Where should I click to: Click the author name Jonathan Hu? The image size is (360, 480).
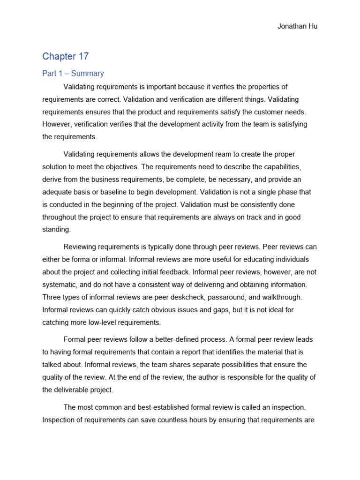[x=298, y=26]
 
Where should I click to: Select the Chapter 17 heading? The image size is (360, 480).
[x=66, y=56]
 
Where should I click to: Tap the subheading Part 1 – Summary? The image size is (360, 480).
[x=73, y=73]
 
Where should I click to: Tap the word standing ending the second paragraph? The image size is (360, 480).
[x=56, y=230]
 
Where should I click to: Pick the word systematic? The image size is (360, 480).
[x=61, y=285]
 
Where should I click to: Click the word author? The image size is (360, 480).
[x=208, y=377]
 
